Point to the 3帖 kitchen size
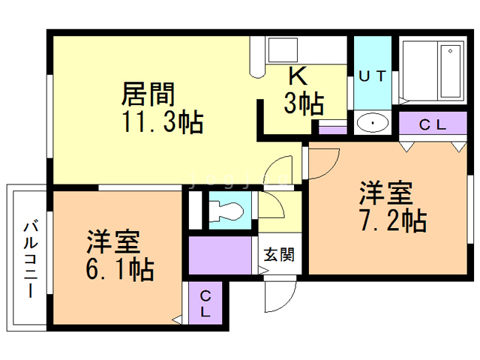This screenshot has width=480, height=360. point(303,102)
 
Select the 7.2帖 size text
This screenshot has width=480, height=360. point(391,220)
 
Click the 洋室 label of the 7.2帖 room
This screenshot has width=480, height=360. point(385,193)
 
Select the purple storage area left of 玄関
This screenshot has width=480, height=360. point(222,255)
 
